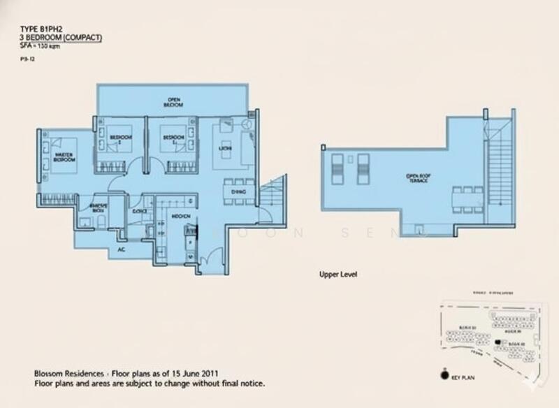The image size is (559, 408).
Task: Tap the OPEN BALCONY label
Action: tap(174, 101)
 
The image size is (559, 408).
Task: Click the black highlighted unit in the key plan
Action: tap(497, 342)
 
